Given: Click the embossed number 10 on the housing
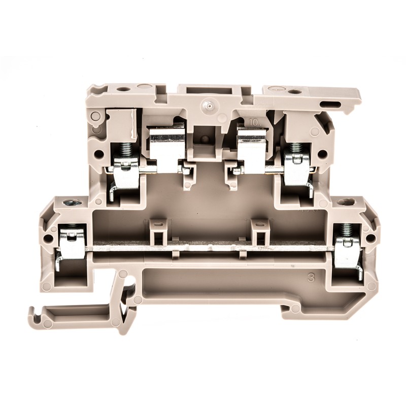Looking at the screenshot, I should pos(256,122).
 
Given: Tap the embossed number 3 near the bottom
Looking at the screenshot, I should pos(311,278).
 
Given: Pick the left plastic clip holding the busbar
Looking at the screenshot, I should pos(158,231).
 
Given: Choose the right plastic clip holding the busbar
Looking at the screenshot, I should pos(260,231).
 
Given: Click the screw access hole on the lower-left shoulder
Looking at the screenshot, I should pos(70,205).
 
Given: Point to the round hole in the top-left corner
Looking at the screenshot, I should pos(121,89).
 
